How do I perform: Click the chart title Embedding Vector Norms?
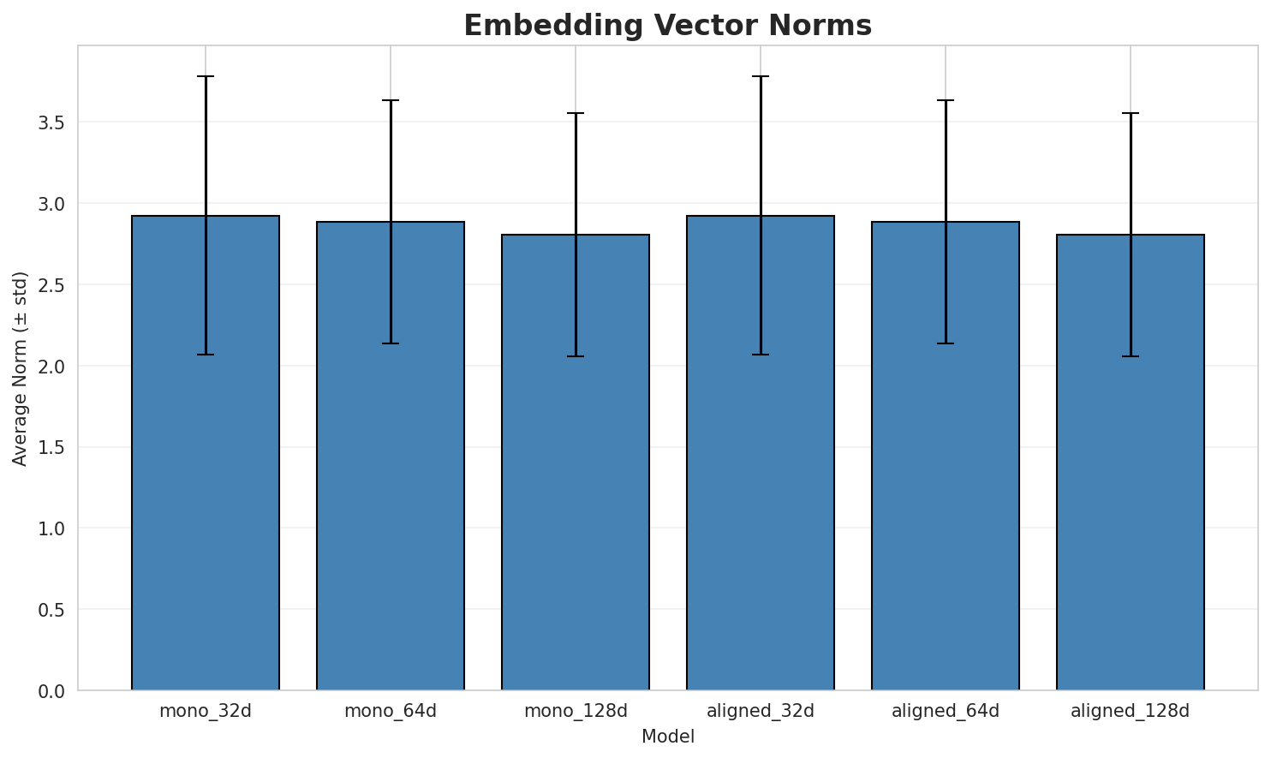click(667, 26)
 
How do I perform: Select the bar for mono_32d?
click(206, 454)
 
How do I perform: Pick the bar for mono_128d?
click(576, 463)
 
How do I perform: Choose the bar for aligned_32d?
click(761, 454)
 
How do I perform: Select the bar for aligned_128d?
click(1131, 463)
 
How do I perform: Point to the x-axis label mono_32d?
click(206, 711)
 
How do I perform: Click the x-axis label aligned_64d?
click(946, 711)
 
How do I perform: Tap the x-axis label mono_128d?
click(576, 711)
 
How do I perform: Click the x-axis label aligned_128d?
click(1131, 711)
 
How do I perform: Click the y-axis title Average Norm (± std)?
click(21, 368)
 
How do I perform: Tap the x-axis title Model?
click(667, 737)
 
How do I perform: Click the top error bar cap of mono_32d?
click(206, 76)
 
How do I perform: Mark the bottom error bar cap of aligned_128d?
click(1131, 356)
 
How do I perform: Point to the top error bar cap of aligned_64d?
click(946, 100)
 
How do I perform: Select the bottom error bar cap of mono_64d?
click(391, 343)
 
